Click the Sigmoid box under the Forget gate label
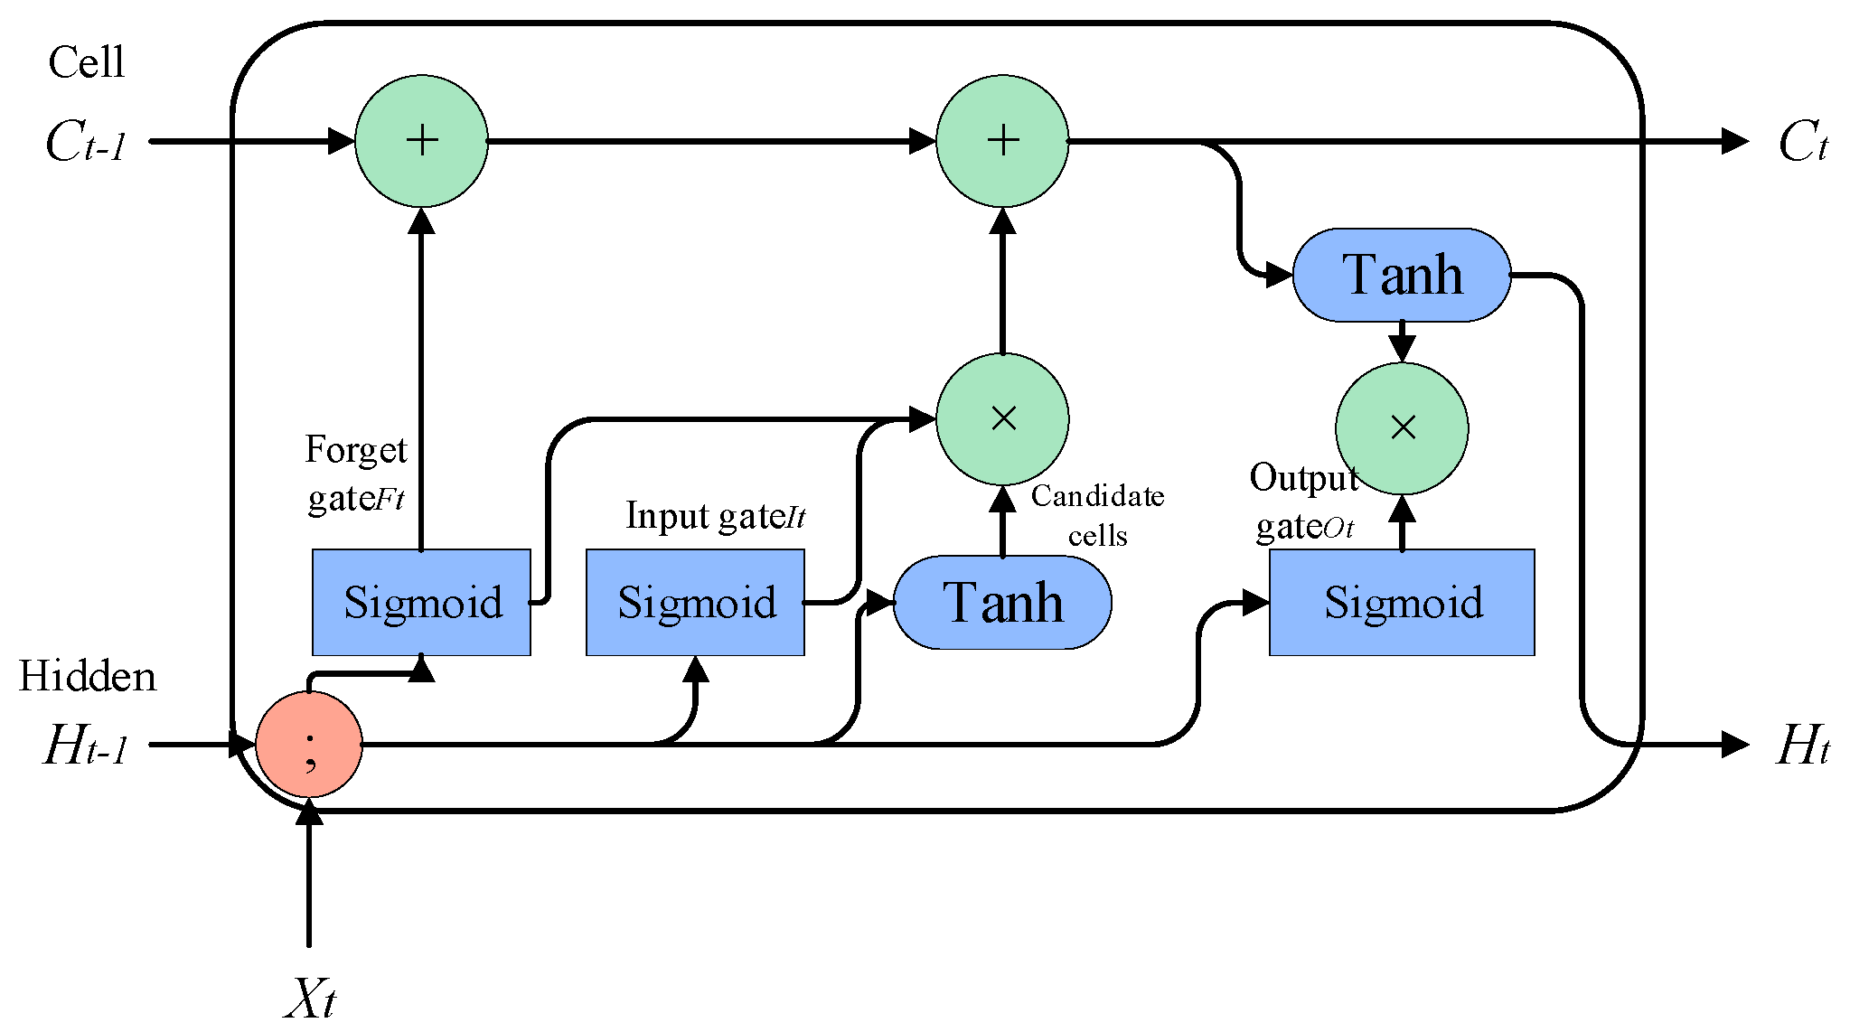[421, 602]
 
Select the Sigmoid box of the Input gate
[695, 602]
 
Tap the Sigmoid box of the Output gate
[1402, 602]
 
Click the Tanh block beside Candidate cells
[1002, 602]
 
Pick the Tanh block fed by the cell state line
[1402, 275]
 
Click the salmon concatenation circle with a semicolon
[309, 745]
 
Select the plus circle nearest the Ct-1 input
[421, 141]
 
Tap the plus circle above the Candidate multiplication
[1002, 141]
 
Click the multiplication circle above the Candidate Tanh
[1002, 418]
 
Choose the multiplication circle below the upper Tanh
[1402, 428]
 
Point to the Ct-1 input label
[86, 143]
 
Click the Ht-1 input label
[86, 746]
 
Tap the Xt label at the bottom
[309, 998]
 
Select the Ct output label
[1802, 143]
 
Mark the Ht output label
[1802, 746]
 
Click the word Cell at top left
[86, 62]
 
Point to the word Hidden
[88, 676]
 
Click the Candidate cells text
[1097, 515]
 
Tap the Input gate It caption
[715, 516]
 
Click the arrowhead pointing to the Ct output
[1735, 141]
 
